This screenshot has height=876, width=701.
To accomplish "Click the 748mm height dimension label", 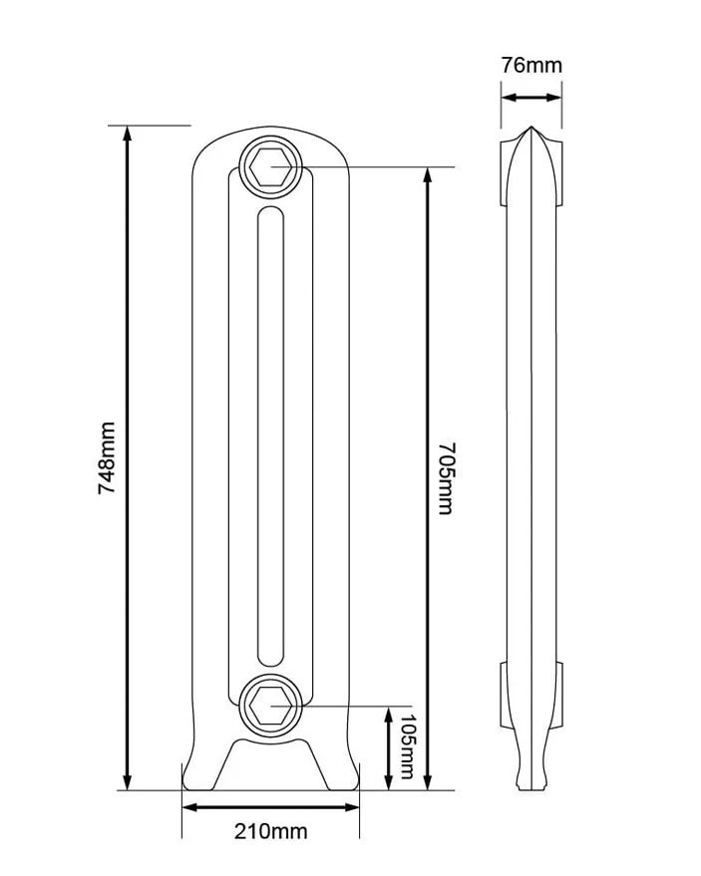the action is coord(107,457).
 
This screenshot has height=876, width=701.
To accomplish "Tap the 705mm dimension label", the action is coord(446,478).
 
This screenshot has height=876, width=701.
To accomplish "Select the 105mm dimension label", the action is coord(407,746).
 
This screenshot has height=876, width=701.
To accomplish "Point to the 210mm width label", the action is coord(270,831).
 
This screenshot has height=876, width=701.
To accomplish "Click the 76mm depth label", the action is coord(531,66).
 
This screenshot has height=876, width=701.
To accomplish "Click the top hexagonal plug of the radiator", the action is coord(271,166).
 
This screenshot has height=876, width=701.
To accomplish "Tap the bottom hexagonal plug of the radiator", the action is coord(271,706).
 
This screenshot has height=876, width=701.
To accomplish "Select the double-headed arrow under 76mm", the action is coord(531,98).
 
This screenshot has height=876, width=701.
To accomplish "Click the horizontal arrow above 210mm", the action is coord(270,807).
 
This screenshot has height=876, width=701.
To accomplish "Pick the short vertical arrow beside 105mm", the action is coord(389,748).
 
